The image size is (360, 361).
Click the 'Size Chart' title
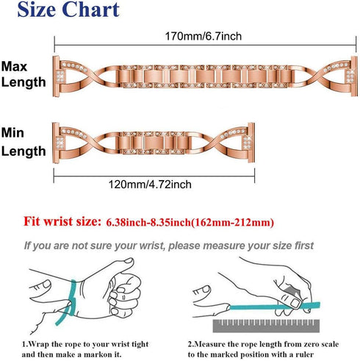(x=68, y=10)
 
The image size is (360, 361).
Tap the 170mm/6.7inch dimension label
(x=204, y=36)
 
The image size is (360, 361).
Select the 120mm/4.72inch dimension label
(x=150, y=185)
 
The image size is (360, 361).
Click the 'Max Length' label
(x=24, y=74)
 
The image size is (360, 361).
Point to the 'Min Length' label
(x=24, y=142)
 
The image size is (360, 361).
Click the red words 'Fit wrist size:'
(x=62, y=221)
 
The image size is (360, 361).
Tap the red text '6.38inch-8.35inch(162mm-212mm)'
(x=190, y=222)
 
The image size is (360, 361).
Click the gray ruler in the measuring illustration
(x=266, y=326)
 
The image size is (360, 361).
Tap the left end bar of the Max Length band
(x=56, y=76)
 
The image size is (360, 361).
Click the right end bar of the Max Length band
(x=354, y=76)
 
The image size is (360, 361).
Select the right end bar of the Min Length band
(x=251, y=143)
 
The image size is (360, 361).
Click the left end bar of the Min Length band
(x=56, y=143)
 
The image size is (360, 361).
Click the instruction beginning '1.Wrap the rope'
(x=85, y=349)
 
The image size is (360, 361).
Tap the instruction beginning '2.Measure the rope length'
(x=263, y=349)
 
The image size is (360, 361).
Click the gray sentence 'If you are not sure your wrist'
(x=169, y=246)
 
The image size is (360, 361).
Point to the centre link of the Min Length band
(x=154, y=143)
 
